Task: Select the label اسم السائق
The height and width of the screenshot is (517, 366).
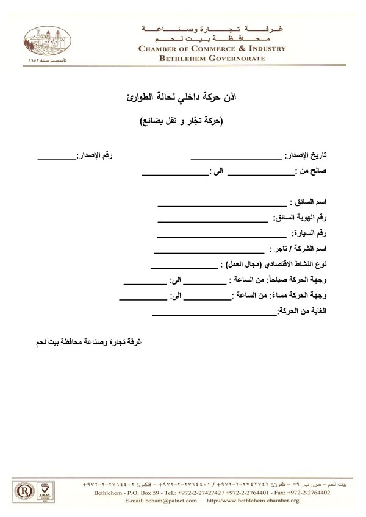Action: tap(309, 201)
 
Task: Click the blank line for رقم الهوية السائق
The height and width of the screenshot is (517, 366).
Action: tap(212, 219)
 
